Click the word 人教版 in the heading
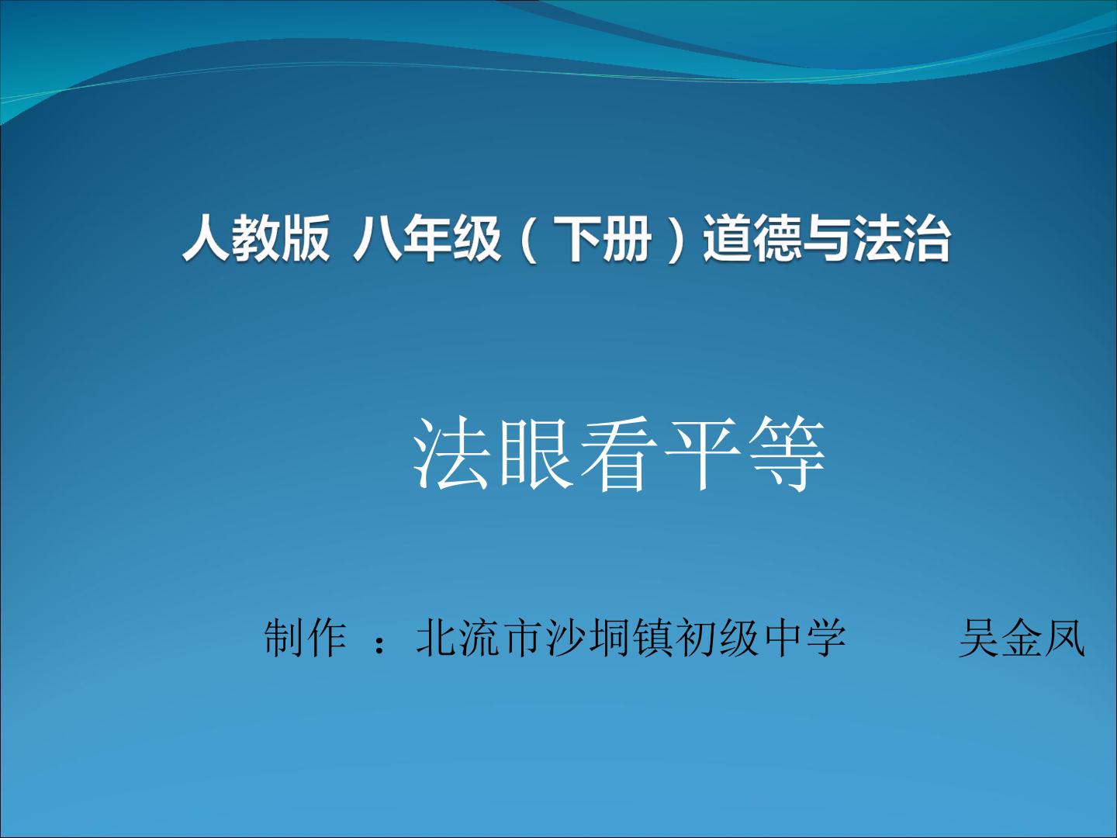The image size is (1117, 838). click(256, 238)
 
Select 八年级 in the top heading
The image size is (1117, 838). click(427, 238)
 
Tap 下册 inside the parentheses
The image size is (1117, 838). click(603, 238)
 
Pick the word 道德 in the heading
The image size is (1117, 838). click(752, 238)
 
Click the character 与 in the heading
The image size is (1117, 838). click(827, 238)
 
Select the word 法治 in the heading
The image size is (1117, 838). click(901, 238)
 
